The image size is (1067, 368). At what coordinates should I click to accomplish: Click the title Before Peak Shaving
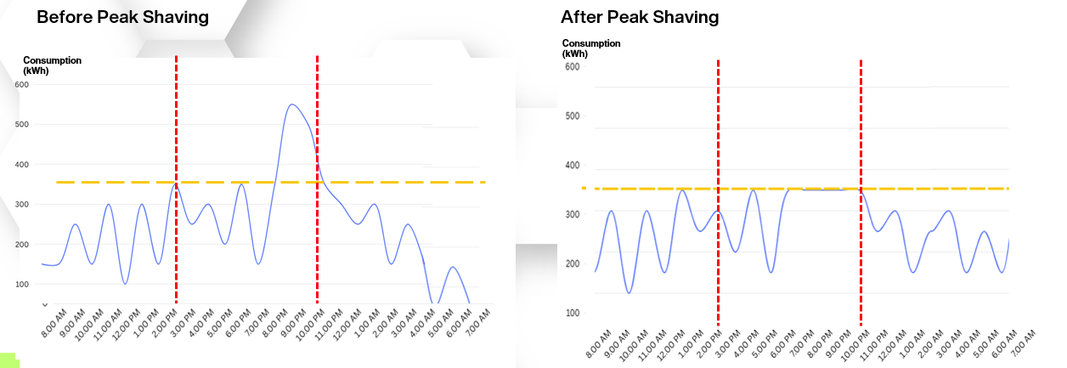[x=122, y=17]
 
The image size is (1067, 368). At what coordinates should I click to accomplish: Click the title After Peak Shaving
[x=639, y=17]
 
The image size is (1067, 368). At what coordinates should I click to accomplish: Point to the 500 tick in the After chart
[x=571, y=116]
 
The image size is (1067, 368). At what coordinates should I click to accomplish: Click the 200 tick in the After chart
[x=571, y=264]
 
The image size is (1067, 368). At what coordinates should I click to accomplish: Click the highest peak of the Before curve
[x=291, y=105]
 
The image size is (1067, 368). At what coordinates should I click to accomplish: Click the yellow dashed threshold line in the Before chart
[x=399, y=182]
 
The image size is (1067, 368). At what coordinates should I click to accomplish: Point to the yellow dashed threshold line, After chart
[x=934, y=189]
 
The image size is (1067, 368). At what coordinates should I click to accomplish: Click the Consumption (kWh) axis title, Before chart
[x=52, y=65]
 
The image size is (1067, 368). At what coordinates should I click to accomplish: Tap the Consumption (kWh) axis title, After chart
[x=591, y=48]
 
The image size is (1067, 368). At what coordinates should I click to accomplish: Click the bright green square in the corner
[x=8, y=360]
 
